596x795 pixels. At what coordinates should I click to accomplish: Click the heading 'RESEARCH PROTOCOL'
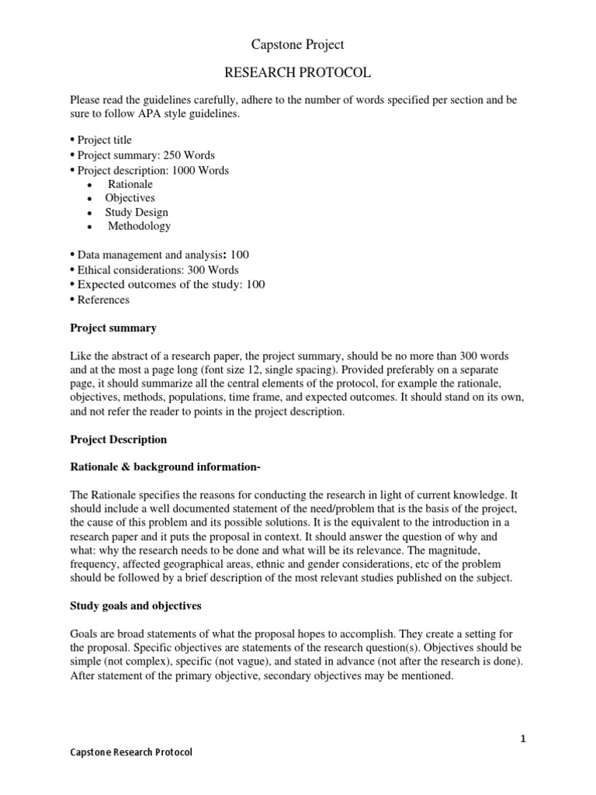(298, 73)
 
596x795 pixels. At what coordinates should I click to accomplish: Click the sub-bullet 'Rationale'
(130, 185)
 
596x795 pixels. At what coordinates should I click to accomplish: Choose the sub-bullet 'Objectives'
(130, 199)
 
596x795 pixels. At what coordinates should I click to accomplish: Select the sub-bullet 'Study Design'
(137, 213)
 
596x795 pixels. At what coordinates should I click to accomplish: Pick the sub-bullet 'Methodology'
(139, 227)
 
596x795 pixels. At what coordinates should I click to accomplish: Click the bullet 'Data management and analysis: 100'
(162, 255)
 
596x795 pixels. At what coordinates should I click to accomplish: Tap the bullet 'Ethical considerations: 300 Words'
(158, 270)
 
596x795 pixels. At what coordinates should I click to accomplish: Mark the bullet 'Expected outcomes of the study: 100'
(171, 285)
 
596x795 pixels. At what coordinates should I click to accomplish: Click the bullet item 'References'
(103, 300)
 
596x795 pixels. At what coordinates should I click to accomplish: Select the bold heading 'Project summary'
(113, 328)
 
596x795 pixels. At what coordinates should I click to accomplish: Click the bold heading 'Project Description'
(119, 439)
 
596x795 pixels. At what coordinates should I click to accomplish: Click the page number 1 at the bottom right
(523, 739)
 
